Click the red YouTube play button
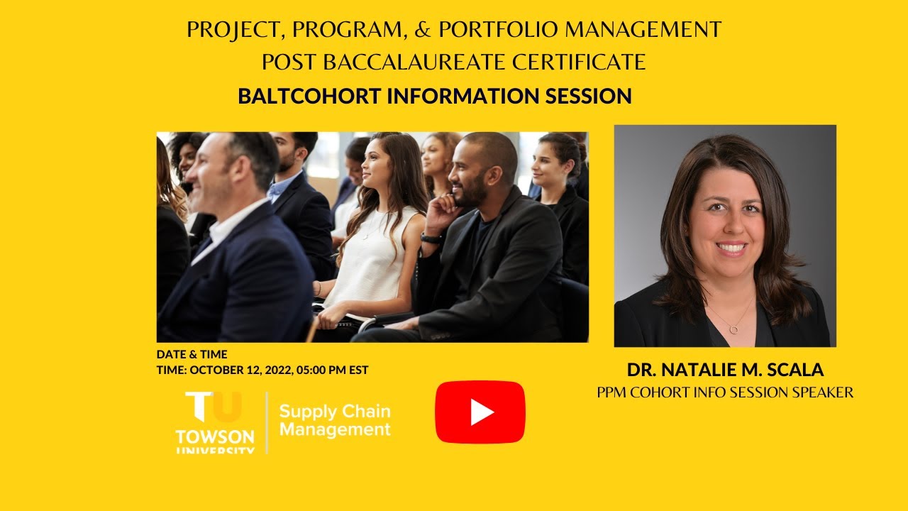(480, 412)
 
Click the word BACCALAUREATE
(414, 62)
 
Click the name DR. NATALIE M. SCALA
(725, 370)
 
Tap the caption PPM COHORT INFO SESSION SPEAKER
(725, 392)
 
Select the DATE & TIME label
(192, 355)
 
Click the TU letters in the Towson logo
(214, 407)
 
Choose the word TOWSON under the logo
(215, 434)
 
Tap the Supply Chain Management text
(334, 420)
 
